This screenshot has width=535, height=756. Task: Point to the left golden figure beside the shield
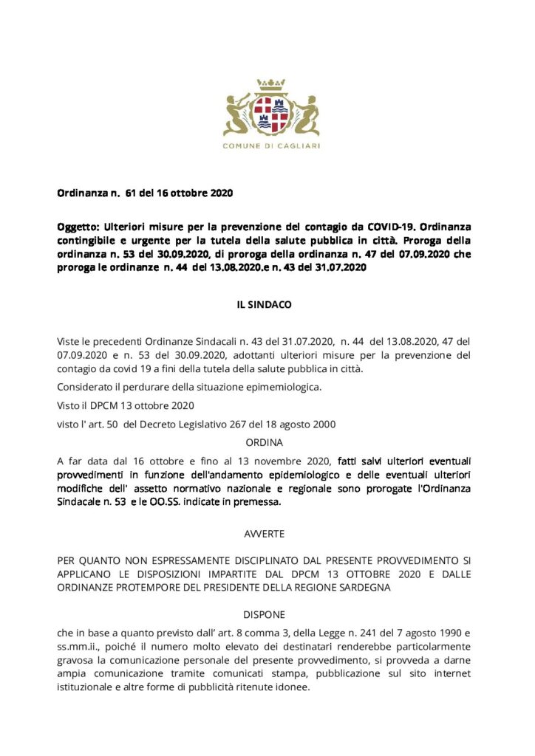point(239,114)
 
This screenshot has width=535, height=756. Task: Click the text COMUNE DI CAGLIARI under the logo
point(271,146)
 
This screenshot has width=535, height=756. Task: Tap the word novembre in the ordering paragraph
point(284,461)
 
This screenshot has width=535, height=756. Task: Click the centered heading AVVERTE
point(264,532)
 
